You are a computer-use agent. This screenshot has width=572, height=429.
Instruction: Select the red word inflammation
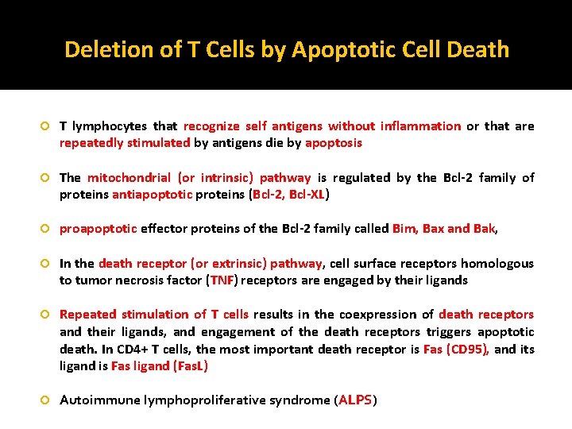[x=420, y=126]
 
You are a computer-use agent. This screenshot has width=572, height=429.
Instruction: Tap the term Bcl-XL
[x=309, y=195]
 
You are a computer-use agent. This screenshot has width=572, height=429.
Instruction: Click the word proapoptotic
[x=98, y=229]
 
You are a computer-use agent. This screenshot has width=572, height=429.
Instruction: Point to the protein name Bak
[x=483, y=229]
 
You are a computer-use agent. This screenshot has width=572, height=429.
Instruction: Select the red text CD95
[x=470, y=350]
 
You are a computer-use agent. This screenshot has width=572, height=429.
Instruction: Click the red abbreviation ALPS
[x=355, y=400]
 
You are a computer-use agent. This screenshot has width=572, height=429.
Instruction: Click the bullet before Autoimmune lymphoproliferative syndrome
[x=46, y=400]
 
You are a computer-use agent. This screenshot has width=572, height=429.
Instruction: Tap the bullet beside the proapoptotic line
[x=46, y=229]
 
